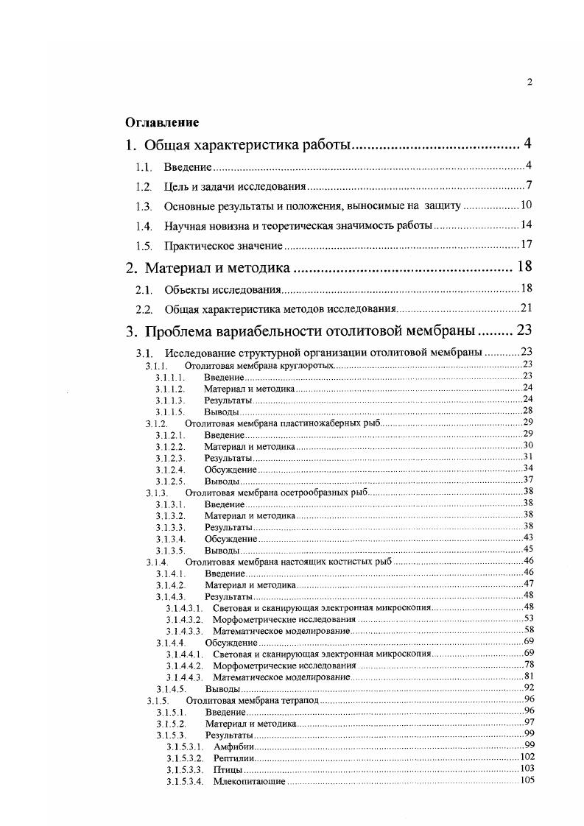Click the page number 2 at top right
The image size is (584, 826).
(x=530, y=82)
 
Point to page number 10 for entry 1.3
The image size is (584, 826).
(x=526, y=205)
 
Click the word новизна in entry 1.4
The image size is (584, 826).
(x=238, y=225)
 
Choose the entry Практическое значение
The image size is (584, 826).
(x=224, y=245)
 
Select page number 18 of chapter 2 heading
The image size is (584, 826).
(x=524, y=266)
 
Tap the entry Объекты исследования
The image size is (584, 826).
(x=223, y=289)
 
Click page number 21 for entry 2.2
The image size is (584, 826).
(x=526, y=308)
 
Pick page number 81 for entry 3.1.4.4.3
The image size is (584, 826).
(x=527, y=676)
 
